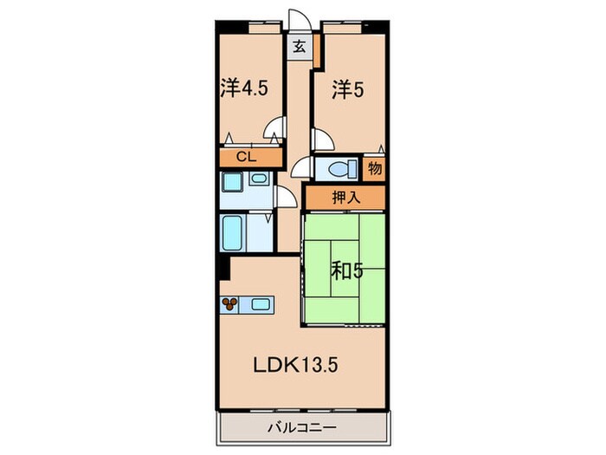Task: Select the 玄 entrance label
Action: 298,48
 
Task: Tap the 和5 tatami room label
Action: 346,270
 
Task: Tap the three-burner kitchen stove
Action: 231,303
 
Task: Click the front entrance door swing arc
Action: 297,22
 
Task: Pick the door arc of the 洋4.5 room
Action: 275,130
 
